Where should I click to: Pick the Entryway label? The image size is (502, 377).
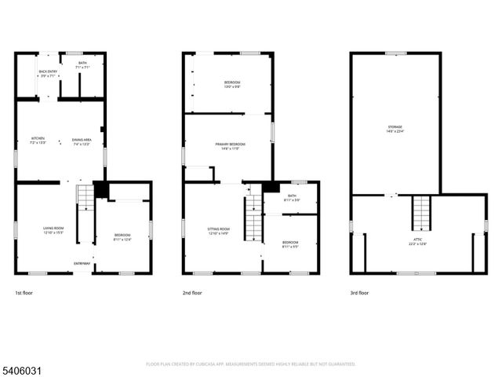(81, 263)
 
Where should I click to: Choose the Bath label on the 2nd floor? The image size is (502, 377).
(292, 196)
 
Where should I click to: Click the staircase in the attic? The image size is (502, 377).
(421, 212)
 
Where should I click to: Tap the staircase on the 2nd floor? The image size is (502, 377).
(253, 219)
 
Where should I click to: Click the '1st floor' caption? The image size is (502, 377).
(24, 293)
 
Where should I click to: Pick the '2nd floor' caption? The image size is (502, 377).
(192, 293)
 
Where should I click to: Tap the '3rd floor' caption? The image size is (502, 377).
(359, 293)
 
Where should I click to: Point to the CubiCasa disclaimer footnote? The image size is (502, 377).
(250, 364)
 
